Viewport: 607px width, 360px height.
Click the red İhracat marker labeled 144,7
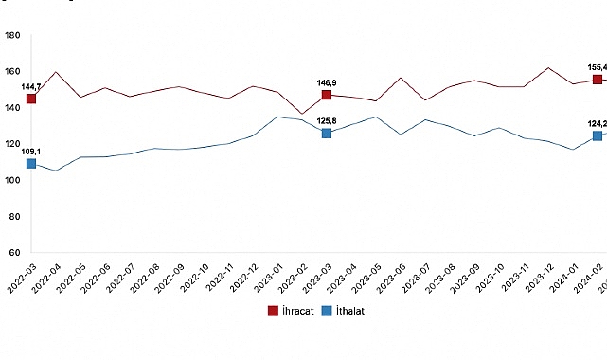[x=32, y=99]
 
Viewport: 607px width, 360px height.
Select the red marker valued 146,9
[x=327, y=95]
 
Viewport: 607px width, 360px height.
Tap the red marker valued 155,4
[x=598, y=80]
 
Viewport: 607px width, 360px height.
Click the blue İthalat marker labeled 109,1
[x=32, y=163]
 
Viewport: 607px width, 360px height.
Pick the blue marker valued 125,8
[x=327, y=134]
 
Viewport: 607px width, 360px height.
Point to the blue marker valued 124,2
[x=598, y=136]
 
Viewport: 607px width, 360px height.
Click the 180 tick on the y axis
[x=13, y=36]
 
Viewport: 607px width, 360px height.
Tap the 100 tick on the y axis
[x=13, y=181]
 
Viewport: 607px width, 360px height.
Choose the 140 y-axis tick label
[x=13, y=109]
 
